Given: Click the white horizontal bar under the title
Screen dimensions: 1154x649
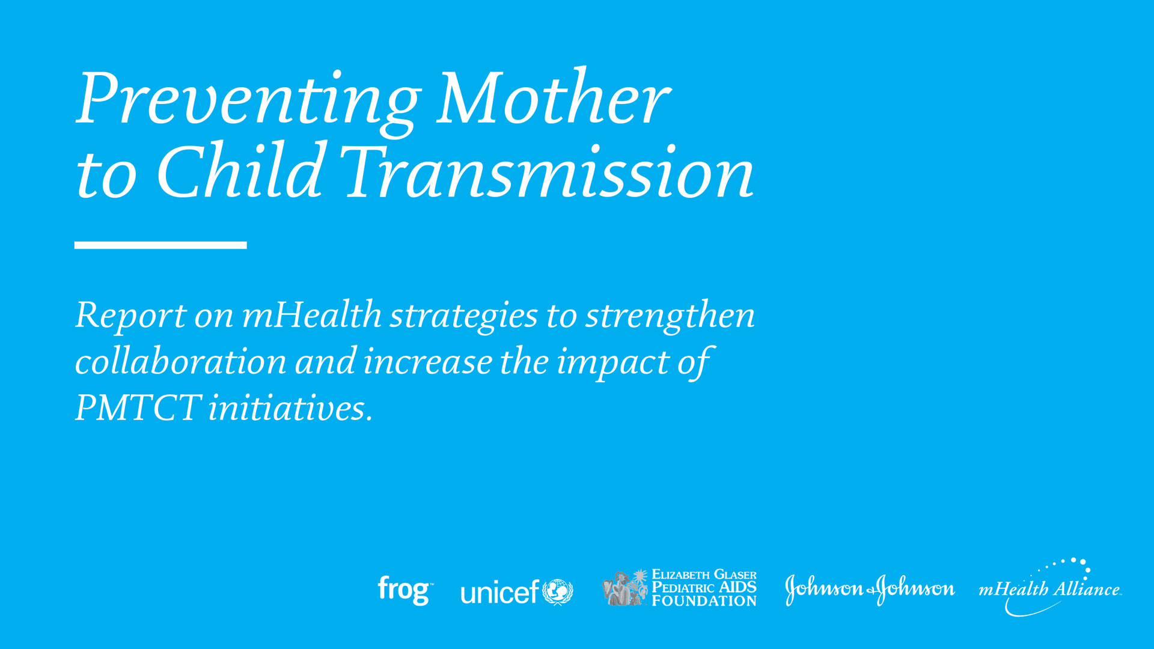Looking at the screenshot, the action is click(160, 245).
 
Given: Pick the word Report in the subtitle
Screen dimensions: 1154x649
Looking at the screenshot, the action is click(131, 315).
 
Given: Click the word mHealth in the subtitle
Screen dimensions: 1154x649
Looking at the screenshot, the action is click(311, 314).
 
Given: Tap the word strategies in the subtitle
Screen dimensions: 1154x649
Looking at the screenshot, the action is click(463, 316).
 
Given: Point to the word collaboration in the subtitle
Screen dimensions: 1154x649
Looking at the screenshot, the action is click(180, 362).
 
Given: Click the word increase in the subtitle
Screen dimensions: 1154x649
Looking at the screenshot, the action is click(427, 362).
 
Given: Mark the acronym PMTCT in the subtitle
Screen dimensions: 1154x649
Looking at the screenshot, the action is click(138, 408).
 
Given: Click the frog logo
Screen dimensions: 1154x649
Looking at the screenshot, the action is click(405, 591).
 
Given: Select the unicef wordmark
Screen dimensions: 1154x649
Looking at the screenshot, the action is click(499, 592).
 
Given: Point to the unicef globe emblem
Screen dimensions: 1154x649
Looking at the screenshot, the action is click(558, 592).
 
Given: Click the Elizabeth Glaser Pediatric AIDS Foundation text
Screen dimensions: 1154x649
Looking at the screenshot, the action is click(704, 588).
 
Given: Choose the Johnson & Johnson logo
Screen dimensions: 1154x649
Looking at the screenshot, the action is click(870, 589).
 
